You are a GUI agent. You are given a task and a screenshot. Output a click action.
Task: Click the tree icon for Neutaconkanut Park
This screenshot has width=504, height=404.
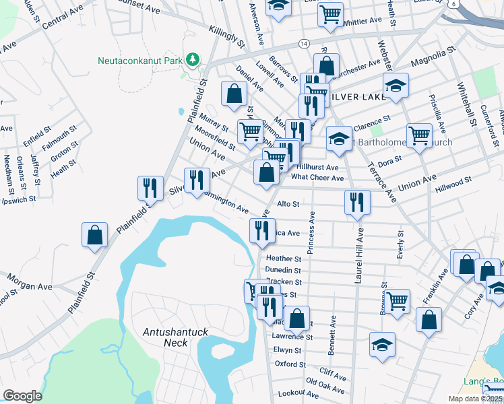pyautogui.click(x=193, y=60)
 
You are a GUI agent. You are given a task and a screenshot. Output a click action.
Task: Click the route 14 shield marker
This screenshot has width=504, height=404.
pyautogui.click(x=305, y=43)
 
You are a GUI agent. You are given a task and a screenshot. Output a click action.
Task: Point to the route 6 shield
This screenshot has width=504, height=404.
pyautogui.click(x=453, y=4)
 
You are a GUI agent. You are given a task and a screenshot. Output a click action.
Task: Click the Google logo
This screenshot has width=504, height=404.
pyautogui.click(x=22, y=395)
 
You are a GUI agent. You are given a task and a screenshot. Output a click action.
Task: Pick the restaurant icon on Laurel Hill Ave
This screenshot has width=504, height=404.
pyautogui.click(x=357, y=202)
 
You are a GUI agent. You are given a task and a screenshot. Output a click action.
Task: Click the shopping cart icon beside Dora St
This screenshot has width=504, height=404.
pyautogui.click(x=419, y=135)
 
